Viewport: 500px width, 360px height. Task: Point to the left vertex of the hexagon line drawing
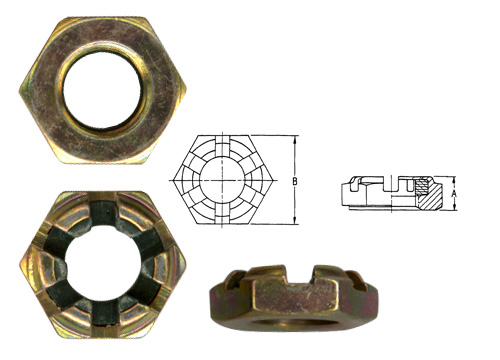pyautogui.click(x=172, y=181)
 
